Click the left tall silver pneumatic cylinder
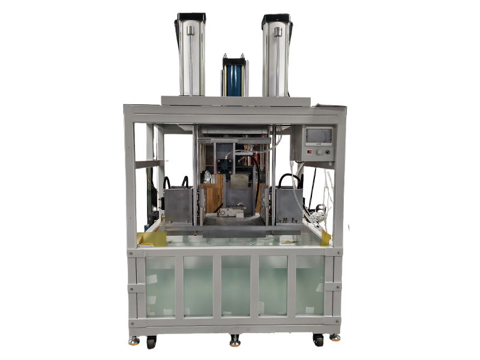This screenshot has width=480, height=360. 190,57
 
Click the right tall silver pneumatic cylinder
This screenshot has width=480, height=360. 277,57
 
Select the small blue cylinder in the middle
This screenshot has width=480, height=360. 233,77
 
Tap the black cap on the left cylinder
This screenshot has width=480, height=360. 191,18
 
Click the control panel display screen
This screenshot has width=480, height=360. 318,136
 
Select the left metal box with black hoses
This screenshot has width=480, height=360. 178,204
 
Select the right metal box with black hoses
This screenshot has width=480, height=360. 288,204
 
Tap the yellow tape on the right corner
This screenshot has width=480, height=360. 325,238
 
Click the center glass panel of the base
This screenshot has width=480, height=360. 236,286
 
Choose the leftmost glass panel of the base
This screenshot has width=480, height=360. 160,286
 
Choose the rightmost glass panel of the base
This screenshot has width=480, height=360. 310,286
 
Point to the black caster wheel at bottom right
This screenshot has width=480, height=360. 318,340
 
